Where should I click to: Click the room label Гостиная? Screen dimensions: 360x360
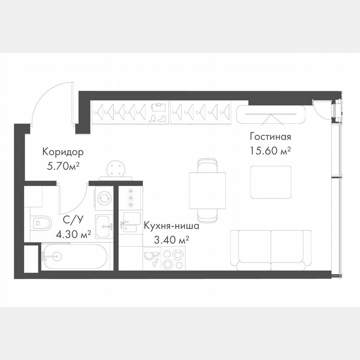(x=270, y=137)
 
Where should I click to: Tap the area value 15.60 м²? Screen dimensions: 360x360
(x=270, y=150)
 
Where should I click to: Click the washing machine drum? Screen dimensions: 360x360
(x=103, y=198)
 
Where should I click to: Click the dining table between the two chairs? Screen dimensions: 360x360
(x=207, y=190)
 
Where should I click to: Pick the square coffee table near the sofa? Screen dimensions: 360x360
(x=271, y=182)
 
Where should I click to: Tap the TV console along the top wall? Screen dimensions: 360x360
(x=271, y=114)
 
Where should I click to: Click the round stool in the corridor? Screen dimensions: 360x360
(x=116, y=169)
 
